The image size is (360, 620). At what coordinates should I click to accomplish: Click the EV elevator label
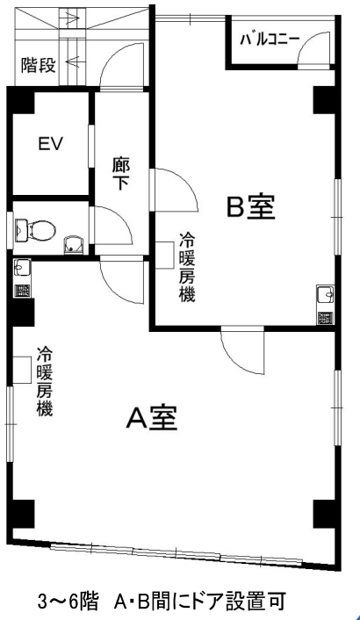51,144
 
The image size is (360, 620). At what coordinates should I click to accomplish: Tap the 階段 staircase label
38,65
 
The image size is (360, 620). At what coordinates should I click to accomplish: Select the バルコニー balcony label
270,40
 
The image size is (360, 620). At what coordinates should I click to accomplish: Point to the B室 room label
250,206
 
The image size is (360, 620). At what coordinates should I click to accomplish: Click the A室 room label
152,417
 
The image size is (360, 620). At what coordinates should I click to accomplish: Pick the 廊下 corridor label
120,174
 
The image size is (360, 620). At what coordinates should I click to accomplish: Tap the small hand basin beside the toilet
73,245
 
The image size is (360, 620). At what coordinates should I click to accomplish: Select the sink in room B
326,294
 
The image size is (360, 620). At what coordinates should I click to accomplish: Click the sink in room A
23,268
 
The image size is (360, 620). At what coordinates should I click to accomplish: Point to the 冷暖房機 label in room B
187,267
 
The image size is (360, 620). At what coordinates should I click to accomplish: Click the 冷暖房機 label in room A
45,381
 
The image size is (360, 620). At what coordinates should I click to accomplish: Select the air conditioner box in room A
22,370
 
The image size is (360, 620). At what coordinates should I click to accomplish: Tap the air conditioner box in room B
165,255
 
